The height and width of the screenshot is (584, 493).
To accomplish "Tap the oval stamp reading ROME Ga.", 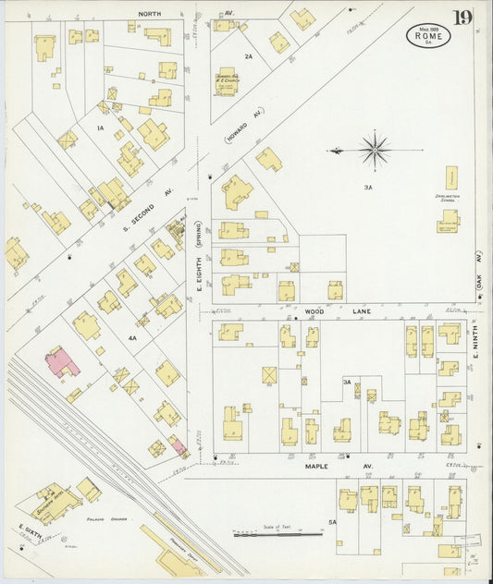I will [x=428, y=35].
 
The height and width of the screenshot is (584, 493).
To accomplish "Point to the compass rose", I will [x=374, y=149].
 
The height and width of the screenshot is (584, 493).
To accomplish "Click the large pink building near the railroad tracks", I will [x=62, y=361].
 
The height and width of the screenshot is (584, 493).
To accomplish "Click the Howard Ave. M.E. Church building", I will [x=228, y=79].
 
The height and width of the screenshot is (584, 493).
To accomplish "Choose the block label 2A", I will [x=248, y=56].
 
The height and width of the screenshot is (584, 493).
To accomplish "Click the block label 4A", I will [x=132, y=338].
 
